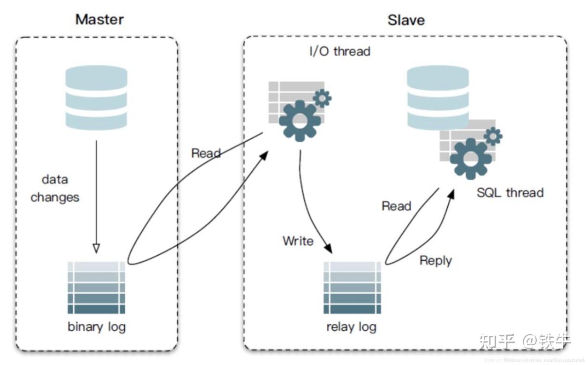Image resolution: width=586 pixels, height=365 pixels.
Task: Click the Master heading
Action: click(x=99, y=20)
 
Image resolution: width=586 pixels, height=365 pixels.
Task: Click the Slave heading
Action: click(x=406, y=20)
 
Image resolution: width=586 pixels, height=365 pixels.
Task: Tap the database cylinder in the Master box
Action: click(x=96, y=97)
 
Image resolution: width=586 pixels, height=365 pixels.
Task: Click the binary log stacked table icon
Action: click(x=97, y=288)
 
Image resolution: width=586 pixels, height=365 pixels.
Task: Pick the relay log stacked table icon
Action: click(x=352, y=288)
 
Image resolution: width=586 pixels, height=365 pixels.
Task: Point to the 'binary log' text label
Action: click(x=97, y=327)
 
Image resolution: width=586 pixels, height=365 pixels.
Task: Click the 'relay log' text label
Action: click(x=352, y=327)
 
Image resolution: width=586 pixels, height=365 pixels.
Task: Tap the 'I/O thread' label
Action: click(x=340, y=51)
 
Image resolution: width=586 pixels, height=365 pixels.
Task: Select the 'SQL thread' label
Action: click(x=510, y=193)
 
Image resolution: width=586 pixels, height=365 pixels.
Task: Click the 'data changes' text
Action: click(x=55, y=189)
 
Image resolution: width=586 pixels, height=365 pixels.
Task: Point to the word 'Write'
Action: click(x=298, y=241)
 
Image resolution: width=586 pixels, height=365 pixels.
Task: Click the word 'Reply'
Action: click(x=436, y=260)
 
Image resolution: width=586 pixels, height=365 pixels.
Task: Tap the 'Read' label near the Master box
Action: click(x=206, y=153)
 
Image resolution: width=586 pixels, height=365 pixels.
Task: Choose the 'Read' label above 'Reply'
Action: click(x=396, y=206)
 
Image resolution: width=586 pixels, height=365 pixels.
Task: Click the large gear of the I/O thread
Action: click(x=299, y=119)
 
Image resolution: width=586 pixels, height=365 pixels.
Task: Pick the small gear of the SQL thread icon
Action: click(x=493, y=137)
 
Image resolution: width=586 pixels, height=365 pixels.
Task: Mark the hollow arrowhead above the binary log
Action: click(x=96, y=248)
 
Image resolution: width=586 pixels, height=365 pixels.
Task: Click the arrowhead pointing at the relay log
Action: click(x=329, y=248)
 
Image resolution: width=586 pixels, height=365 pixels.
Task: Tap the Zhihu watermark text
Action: click(x=525, y=341)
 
